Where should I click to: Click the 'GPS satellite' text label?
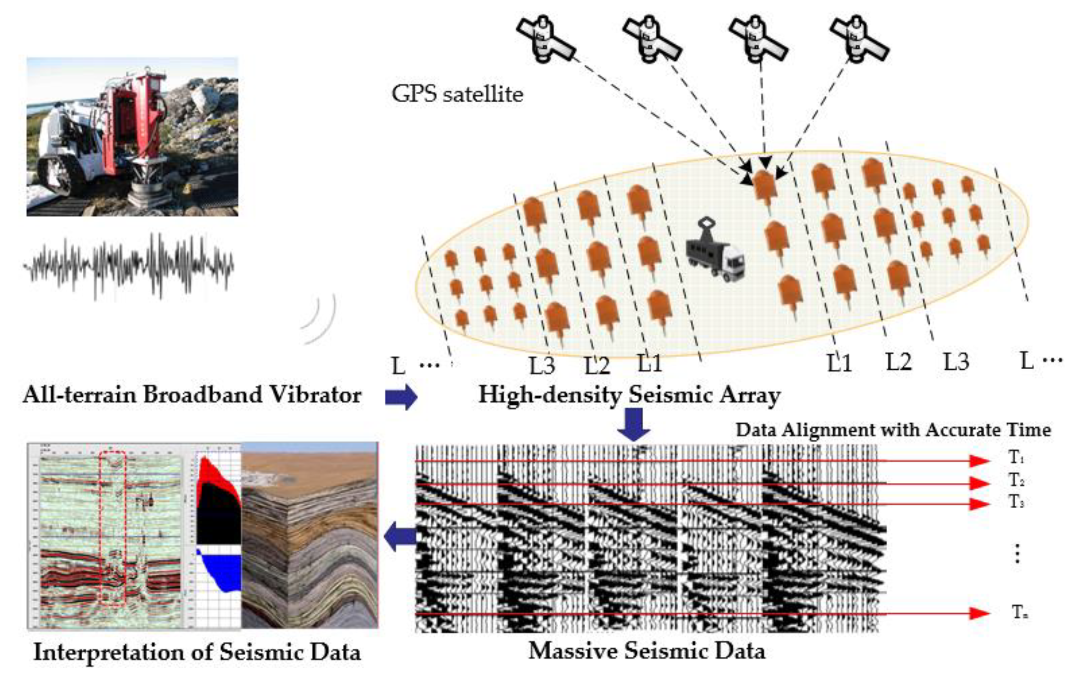tap(457, 94)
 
